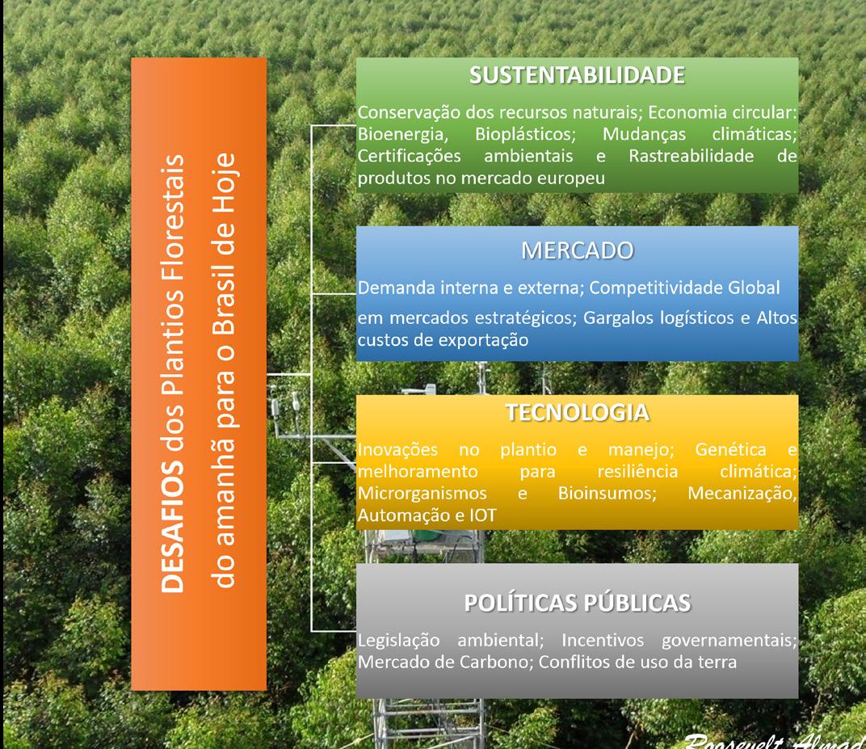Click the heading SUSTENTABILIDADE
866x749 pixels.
pyautogui.click(x=577, y=75)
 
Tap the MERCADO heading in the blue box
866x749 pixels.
pyautogui.click(x=577, y=250)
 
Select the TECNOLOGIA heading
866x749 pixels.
pyautogui.click(x=577, y=413)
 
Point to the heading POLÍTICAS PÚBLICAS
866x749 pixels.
pyautogui.click(x=577, y=603)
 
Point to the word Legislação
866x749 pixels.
pyautogui.click(x=398, y=641)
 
